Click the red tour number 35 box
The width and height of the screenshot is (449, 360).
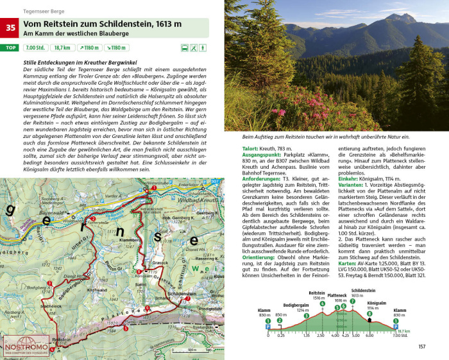[x=10, y=28]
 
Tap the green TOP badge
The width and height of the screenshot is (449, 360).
[x=10, y=47]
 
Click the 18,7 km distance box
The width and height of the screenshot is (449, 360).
[x=62, y=47]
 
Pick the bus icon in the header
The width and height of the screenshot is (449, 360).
[x=185, y=47]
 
